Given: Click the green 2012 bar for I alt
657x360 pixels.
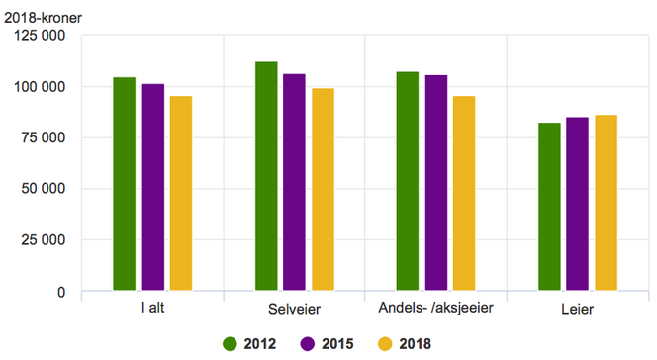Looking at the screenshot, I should click(124, 184).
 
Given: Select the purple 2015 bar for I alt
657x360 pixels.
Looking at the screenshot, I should click(152, 188).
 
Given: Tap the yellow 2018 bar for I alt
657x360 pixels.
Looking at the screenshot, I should click(180, 194).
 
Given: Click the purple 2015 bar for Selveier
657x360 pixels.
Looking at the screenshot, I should click(294, 183).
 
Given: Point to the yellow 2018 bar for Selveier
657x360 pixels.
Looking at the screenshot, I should click(323, 190).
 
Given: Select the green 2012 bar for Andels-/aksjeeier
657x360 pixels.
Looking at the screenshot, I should click(408, 182).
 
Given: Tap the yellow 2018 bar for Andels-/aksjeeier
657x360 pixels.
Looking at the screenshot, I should click(464, 194).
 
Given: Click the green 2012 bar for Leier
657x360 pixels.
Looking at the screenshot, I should click(549, 207).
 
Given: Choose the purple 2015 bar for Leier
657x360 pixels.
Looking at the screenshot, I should click(577, 204).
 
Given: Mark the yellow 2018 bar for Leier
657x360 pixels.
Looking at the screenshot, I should click(606, 203).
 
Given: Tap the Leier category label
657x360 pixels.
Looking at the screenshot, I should click(578, 310).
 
